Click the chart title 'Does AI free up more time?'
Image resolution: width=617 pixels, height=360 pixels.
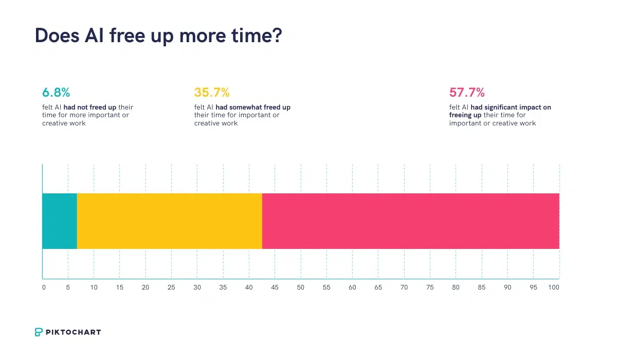[158, 36]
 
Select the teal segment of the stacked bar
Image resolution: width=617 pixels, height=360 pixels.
[59, 221]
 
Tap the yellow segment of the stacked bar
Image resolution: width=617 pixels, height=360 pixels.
[169, 221]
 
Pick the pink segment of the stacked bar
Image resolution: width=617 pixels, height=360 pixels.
[410, 221]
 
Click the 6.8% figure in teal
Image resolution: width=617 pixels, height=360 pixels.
[56, 93]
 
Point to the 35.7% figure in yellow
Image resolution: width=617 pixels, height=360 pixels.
[212, 93]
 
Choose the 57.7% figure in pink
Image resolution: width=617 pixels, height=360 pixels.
[467, 93]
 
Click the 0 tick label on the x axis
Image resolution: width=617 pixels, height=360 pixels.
[44, 287]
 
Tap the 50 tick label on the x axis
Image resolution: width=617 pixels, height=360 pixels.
[301, 287]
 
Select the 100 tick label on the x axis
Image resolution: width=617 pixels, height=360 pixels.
[553, 287]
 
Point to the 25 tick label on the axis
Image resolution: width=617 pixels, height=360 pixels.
[171, 287]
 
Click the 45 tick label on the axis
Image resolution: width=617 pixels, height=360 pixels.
[275, 287]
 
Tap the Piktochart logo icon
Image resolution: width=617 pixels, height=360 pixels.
[39, 332]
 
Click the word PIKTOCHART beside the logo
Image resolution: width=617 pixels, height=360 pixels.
[74, 332]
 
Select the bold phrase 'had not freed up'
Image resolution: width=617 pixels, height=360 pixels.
[90, 107]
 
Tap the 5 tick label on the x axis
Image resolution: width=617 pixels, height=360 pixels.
[68, 287]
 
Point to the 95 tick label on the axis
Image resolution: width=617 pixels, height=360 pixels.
[533, 287]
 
